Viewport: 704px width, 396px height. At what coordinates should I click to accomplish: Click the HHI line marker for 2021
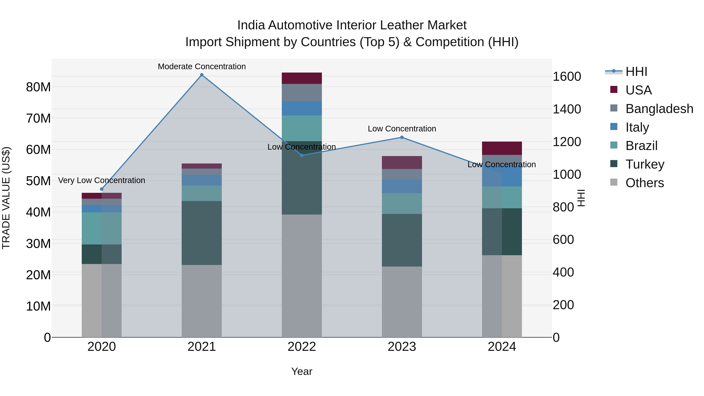tap(202, 75)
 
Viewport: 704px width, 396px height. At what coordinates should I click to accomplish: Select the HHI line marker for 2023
tap(402, 137)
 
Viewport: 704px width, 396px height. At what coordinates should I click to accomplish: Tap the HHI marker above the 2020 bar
tap(102, 189)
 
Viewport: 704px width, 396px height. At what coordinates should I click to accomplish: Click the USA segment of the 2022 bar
tap(302, 78)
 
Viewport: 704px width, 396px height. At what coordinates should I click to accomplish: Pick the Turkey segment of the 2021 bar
tap(202, 233)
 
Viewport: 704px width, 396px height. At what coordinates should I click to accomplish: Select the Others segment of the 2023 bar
tap(402, 302)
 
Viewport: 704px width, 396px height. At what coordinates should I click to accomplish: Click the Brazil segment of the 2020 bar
tap(102, 228)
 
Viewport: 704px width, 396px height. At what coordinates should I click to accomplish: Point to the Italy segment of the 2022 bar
tap(302, 108)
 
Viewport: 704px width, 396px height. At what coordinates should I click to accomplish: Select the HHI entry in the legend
tap(636, 72)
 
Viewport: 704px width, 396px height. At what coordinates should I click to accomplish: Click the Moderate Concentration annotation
tap(202, 67)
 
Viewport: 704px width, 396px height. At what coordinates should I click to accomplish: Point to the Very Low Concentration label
tap(102, 180)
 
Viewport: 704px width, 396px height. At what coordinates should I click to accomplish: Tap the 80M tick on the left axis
tap(38, 87)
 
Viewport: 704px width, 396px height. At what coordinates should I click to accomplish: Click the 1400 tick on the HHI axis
tap(567, 109)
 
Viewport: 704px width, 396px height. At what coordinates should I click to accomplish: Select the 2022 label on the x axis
tap(302, 347)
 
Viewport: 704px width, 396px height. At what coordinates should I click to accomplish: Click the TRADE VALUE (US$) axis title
tap(6, 198)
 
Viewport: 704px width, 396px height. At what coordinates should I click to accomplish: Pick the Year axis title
tap(302, 371)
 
